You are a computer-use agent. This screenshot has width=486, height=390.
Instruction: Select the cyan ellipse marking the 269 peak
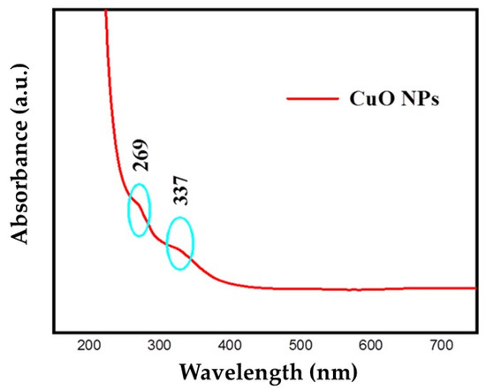139,210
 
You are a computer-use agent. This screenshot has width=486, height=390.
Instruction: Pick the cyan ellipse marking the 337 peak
179,242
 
